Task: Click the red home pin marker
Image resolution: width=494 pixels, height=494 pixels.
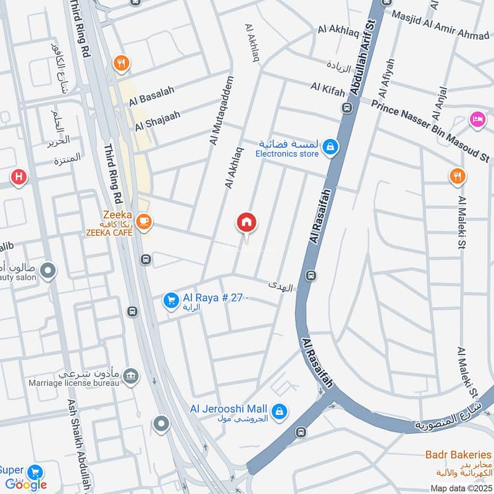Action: pyautogui.click(x=247, y=223)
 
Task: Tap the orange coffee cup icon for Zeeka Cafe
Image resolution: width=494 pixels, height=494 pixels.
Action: pyautogui.click(x=144, y=222)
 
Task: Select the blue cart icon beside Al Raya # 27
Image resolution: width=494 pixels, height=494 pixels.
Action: pyautogui.click(x=170, y=301)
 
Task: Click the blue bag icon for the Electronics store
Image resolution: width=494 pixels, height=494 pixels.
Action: pyautogui.click(x=331, y=147)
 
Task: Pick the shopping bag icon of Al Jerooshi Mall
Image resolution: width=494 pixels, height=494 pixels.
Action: pyautogui.click(x=280, y=410)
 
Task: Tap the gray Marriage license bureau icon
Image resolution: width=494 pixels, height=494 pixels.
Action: pyautogui.click(x=130, y=375)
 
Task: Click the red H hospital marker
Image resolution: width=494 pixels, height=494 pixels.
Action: pyautogui.click(x=19, y=178)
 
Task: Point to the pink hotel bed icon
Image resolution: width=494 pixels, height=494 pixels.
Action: pyautogui.click(x=477, y=118)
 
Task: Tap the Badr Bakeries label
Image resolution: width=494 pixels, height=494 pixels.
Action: pyautogui.click(x=458, y=455)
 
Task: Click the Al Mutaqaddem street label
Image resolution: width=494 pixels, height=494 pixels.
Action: pyautogui.click(x=223, y=111)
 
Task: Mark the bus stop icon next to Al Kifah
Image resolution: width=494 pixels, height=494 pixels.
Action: pyautogui.click(x=348, y=107)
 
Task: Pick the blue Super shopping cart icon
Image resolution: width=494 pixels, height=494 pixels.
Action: pyautogui.click(x=35, y=471)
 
